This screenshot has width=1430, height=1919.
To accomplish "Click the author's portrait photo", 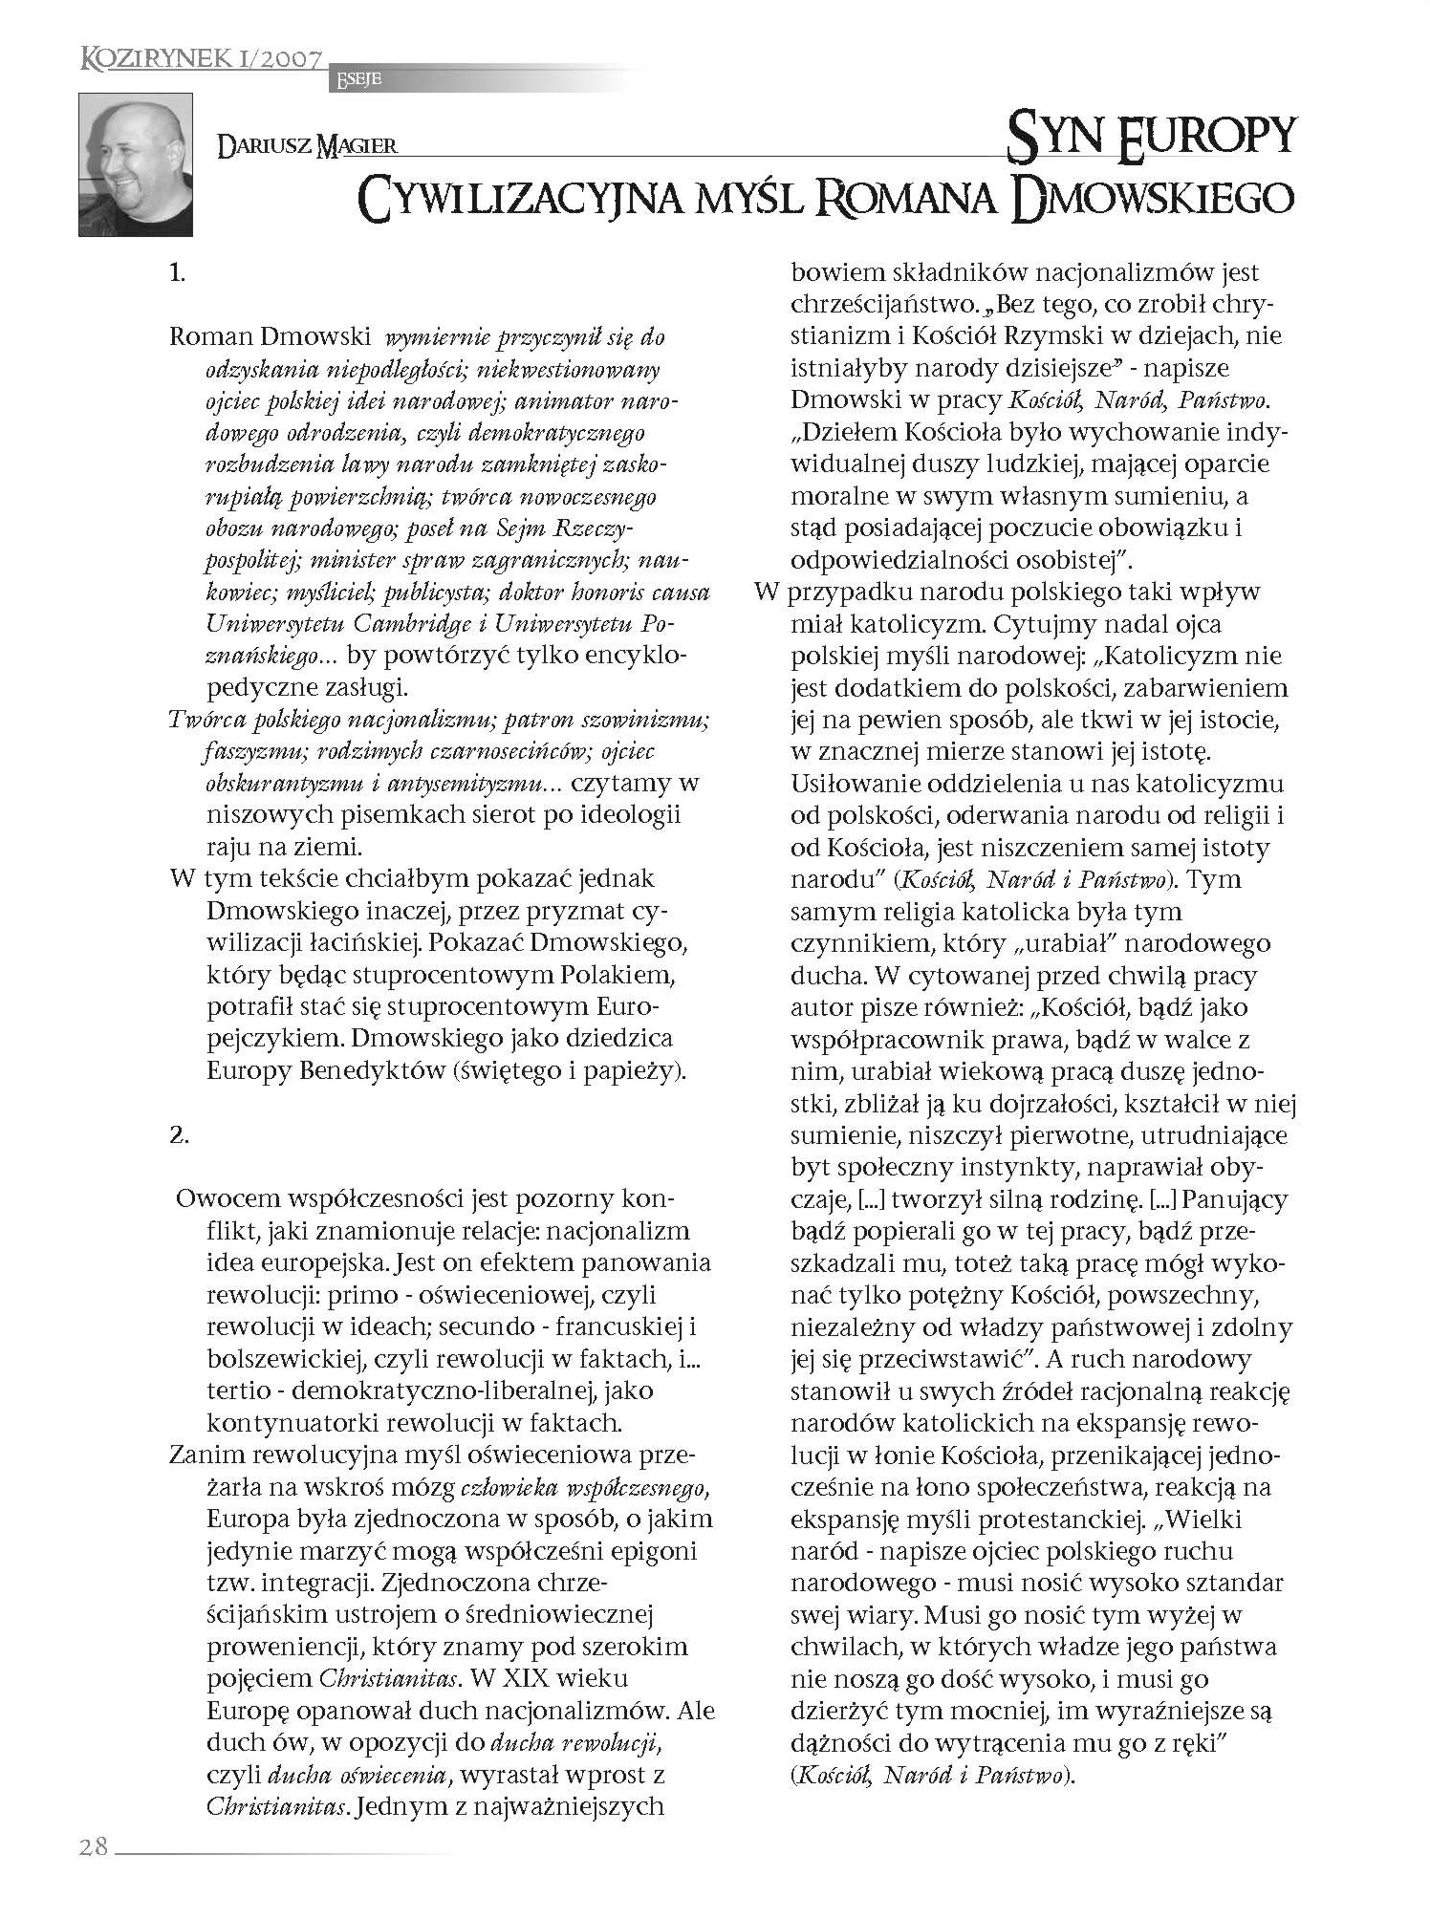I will point(136,164).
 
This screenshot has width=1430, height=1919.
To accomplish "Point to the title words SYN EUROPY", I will point(1151,135).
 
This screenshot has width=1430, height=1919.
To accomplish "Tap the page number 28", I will point(94,1847).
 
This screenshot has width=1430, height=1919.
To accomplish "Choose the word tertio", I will point(241,1391).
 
